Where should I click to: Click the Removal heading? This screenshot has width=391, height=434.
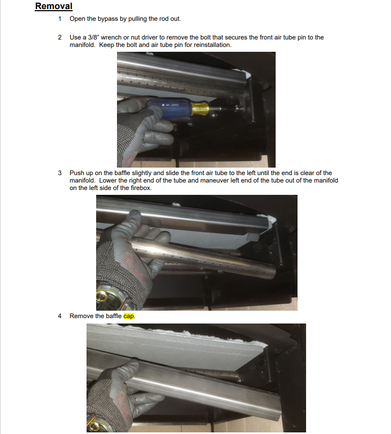[x=54, y=6]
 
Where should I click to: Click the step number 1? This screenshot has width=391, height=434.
[x=60, y=19]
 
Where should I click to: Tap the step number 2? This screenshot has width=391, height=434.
[x=60, y=37]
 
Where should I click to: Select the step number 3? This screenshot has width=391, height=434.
[x=60, y=173]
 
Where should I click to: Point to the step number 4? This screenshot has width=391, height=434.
[x=60, y=316]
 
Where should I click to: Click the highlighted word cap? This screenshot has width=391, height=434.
[x=129, y=317]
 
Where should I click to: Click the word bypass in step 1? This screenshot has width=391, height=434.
[x=108, y=19]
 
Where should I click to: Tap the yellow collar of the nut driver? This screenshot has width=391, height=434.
[x=200, y=108]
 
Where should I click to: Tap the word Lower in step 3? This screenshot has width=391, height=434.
[x=108, y=180]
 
